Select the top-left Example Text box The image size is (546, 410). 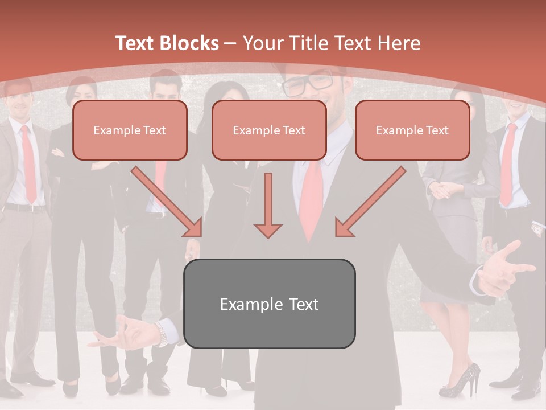pos(130,130)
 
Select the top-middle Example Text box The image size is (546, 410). pos(269,130)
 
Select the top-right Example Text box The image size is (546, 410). pos(412,130)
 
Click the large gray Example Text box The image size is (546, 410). pos(269,304)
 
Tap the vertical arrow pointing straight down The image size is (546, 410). pos(268,206)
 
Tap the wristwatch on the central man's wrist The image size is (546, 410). pos(164,334)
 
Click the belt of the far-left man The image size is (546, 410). pos(26,208)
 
